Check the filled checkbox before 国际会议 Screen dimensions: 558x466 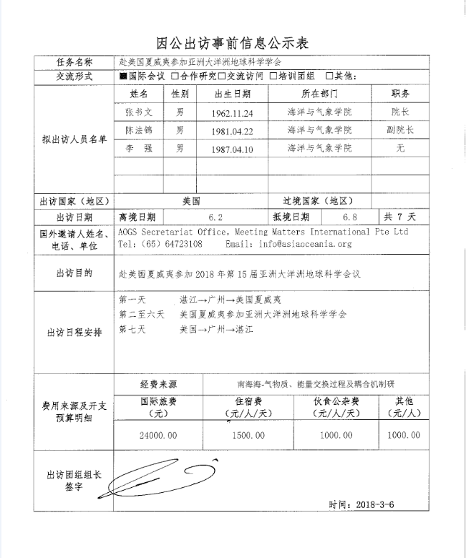point(123,76)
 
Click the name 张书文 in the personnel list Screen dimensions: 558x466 point(139,112)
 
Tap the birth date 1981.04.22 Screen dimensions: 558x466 point(233,131)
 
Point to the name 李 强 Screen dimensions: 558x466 point(139,149)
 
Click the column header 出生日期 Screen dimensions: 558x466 point(233,94)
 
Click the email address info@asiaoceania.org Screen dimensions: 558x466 point(311,244)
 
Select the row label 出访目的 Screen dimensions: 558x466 point(74,273)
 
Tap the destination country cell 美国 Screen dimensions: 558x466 point(190,201)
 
